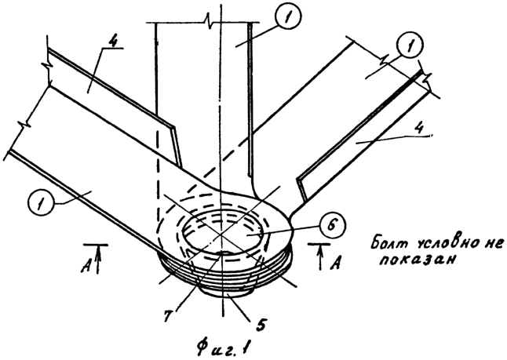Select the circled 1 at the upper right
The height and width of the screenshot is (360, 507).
click(x=411, y=46)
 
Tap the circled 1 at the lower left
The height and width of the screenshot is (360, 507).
click(x=41, y=204)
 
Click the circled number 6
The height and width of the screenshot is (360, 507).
click(x=332, y=224)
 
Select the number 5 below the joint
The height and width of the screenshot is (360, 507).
click(x=260, y=324)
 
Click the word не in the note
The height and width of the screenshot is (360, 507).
click(x=494, y=244)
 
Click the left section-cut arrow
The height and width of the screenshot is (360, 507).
click(x=98, y=259)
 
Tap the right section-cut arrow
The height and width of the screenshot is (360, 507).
click(x=320, y=257)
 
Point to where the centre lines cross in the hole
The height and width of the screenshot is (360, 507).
click(x=220, y=235)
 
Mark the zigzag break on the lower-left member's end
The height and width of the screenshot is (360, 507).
click(x=27, y=122)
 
